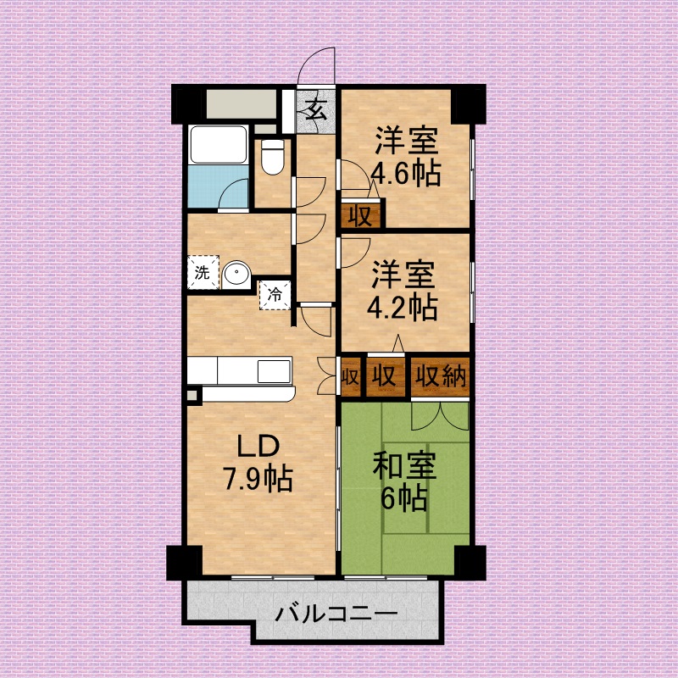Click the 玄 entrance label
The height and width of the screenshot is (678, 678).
click(x=316, y=109)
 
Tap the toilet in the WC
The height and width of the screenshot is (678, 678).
click(x=273, y=156)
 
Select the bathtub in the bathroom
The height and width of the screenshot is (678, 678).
click(x=218, y=145)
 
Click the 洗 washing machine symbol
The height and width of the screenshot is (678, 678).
click(x=202, y=273)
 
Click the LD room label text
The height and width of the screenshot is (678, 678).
click(x=257, y=447)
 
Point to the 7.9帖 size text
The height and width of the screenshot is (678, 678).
click(x=258, y=480)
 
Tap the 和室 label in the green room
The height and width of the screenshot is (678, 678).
click(x=404, y=466)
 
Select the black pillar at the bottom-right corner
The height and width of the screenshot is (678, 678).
click(x=469, y=560)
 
